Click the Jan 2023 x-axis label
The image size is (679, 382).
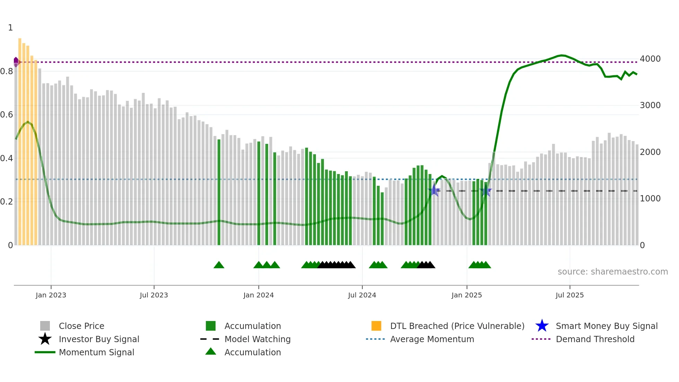(51, 295)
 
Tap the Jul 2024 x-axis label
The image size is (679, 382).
(362, 295)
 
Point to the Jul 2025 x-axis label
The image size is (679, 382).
(570, 295)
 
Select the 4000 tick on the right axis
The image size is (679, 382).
(650, 59)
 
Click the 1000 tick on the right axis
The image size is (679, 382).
(650, 199)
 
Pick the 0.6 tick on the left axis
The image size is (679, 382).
(7, 115)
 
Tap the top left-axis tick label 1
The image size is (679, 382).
(10, 28)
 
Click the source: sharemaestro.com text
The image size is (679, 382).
(612, 272)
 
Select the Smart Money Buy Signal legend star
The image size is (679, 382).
(542, 326)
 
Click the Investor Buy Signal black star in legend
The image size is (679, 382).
(45, 339)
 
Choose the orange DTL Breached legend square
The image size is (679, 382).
(376, 326)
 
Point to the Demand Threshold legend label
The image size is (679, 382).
(595, 339)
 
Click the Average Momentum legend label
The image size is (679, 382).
(432, 339)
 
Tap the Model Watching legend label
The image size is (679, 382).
(257, 339)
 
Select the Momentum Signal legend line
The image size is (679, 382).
(45, 352)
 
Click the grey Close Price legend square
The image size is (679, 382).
(45, 326)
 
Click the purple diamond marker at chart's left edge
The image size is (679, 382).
(16, 62)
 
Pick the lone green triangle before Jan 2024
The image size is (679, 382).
(219, 265)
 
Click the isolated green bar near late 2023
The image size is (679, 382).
(219, 192)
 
